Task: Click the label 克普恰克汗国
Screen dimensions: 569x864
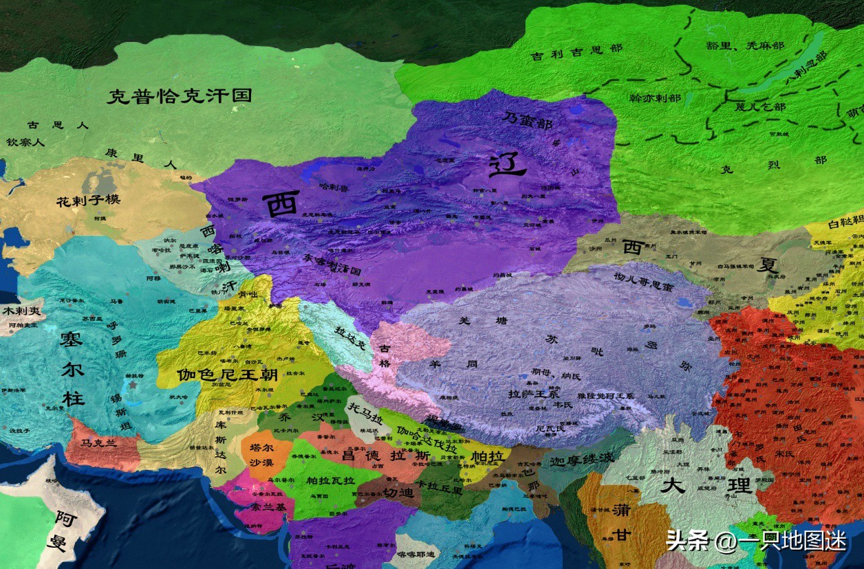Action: pyautogui.click(x=179, y=96)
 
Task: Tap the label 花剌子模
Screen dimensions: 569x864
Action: pyautogui.click(x=89, y=201)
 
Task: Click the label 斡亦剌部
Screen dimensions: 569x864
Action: pyautogui.click(x=655, y=98)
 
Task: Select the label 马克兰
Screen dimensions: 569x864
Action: pyautogui.click(x=100, y=443)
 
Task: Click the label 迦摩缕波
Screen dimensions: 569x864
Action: pyautogui.click(x=582, y=460)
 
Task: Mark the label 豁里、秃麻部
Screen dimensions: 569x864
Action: pyautogui.click(x=754, y=45)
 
